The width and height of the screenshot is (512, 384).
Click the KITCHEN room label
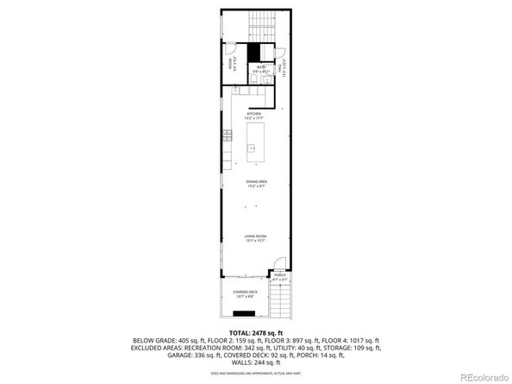(254, 115)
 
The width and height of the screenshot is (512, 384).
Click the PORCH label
(279, 276)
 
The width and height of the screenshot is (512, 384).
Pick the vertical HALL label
(279, 65)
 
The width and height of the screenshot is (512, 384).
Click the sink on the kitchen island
(253, 148)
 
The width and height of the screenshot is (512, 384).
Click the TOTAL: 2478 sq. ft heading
(256, 332)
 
